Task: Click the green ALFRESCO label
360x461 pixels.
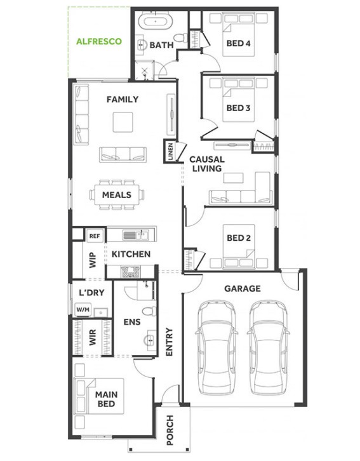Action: point(99,41)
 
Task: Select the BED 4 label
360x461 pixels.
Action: point(238,44)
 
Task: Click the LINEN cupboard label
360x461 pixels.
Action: point(171,151)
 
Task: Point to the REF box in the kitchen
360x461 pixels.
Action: point(95,236)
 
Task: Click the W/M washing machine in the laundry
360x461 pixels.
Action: point(83,310)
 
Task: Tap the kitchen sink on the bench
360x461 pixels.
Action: point(135,235)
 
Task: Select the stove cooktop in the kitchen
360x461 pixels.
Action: point(131,271)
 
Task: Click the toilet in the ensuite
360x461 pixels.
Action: point(149,311)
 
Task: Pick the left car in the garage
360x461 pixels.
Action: point(217,347)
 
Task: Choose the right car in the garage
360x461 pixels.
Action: point(269,347)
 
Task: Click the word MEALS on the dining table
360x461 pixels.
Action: point(117,195)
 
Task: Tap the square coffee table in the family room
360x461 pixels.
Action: point(123,123)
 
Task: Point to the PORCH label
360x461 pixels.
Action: point(170,430)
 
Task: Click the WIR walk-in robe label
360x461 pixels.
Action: point(93,338)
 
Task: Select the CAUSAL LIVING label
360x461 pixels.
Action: point(207,164)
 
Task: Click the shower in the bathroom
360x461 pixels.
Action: point(144,70)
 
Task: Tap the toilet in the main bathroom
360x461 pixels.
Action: point(180,37)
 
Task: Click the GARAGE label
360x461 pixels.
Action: point(243,289)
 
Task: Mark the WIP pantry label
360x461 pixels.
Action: point(93,260)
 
